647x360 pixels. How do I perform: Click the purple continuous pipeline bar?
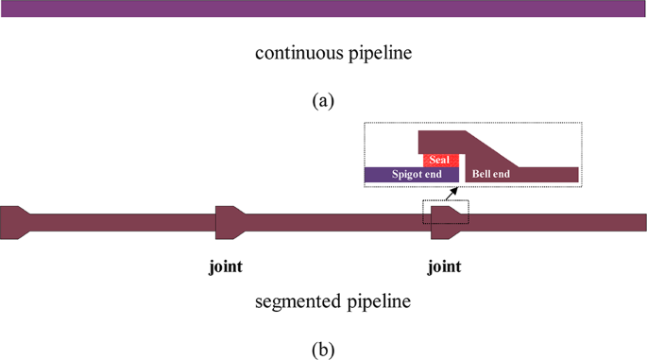tap(323, 9)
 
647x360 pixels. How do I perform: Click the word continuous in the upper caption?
tap(291, 53)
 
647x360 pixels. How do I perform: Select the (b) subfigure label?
tap(323, 350)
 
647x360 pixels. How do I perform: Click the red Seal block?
tap(441, 160)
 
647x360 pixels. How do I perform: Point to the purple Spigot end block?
tap(412, 175)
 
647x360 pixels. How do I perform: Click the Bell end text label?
tap(492, 175)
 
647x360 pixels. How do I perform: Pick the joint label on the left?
tap(225, 266)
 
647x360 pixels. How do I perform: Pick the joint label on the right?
tap(444, 266)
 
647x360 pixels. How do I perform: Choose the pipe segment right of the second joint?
tap(557, 223)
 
